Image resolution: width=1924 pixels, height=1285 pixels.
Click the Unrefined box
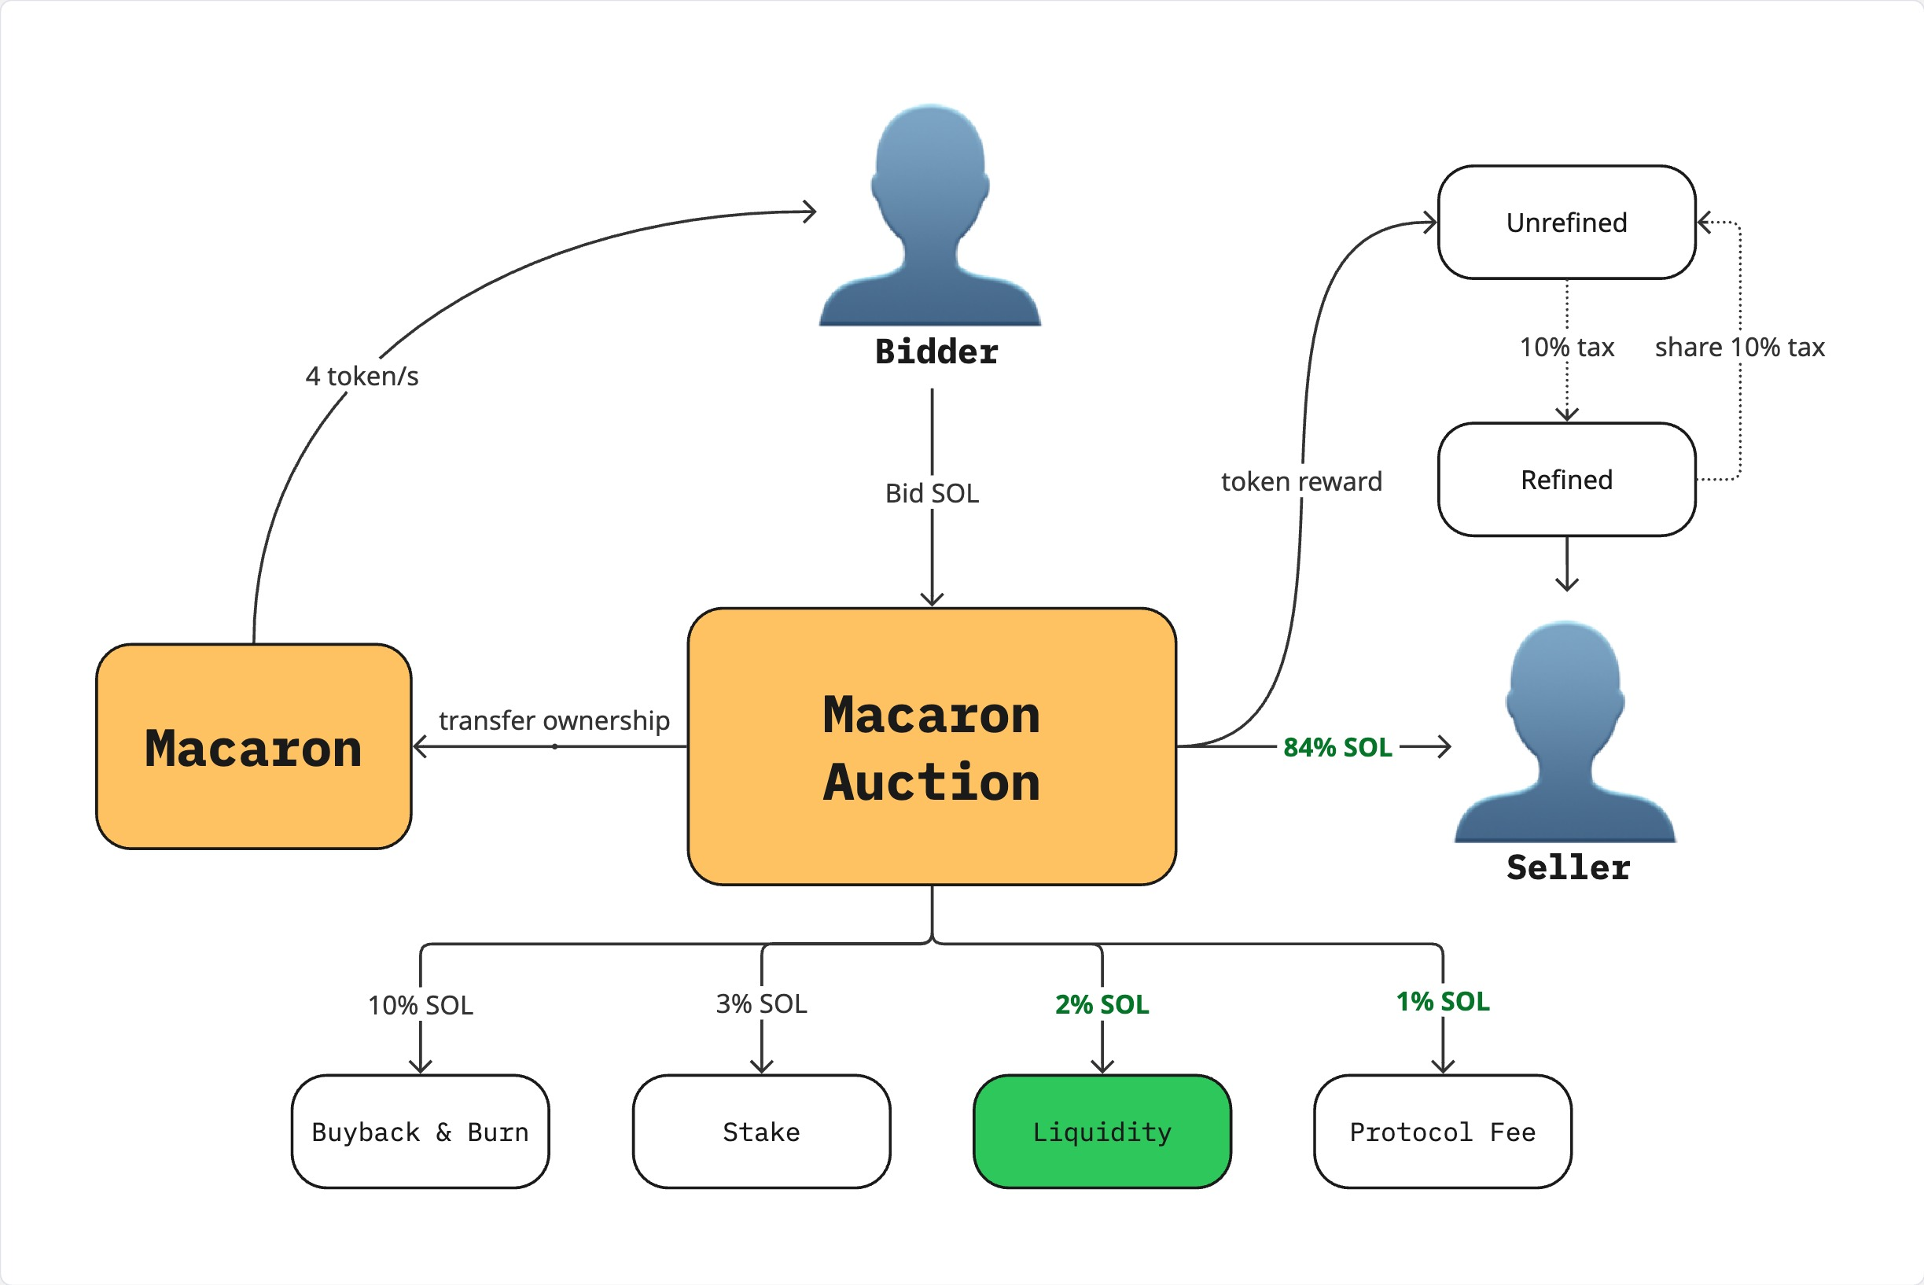1566,222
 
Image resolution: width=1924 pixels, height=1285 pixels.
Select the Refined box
1566,480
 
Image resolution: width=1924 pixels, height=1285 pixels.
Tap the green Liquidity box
1102,1131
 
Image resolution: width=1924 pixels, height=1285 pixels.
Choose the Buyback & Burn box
420,1131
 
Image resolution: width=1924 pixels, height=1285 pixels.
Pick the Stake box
760,1131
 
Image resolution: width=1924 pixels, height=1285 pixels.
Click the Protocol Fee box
1442,1131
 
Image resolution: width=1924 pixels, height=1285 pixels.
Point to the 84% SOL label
1337,746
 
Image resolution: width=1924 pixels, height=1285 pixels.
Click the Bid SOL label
932,492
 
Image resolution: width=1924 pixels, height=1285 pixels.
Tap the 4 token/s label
362,376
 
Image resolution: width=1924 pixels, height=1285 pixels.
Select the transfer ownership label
554,720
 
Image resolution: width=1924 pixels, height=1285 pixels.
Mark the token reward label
1301,481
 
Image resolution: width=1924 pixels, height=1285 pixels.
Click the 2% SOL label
1102,1004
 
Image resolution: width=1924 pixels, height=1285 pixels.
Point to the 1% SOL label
1442,1000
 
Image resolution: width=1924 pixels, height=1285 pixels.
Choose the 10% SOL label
420,1005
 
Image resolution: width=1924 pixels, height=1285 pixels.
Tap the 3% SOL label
760,1003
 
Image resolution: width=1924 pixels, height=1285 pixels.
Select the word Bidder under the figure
936,352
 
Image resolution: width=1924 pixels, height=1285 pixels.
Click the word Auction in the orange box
932,782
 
